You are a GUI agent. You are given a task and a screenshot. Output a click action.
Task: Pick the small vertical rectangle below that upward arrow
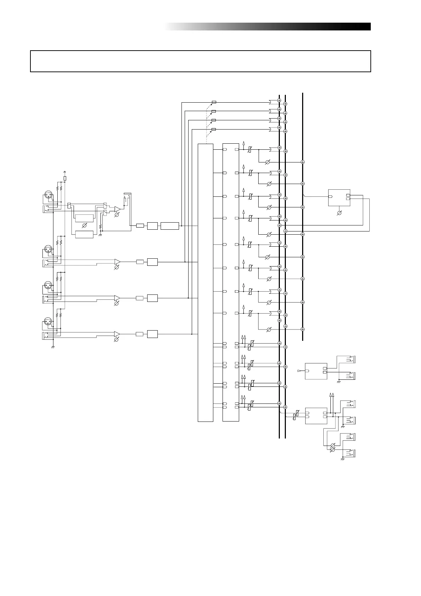[x=64, y=178]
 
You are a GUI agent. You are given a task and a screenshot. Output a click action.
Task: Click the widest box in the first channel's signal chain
[x=169, y=226]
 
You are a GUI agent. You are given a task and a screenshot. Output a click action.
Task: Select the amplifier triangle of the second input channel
[x=117, y=262]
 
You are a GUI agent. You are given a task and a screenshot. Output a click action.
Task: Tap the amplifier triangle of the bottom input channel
[x=117, y=334]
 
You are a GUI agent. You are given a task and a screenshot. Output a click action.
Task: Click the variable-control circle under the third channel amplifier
[x=117, y=304]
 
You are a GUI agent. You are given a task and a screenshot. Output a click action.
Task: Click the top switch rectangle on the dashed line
[x=214, y=102]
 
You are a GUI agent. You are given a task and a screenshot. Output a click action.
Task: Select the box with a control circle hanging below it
[x=339, y=197]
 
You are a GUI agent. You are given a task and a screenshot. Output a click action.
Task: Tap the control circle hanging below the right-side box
[x=339, y=213]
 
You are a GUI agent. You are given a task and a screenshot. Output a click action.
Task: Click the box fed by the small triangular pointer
[x=316, y=371]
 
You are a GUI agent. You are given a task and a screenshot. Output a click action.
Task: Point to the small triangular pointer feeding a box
[x=300, y=371]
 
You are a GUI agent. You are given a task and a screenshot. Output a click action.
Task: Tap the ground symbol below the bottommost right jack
[x=342, y=459]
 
